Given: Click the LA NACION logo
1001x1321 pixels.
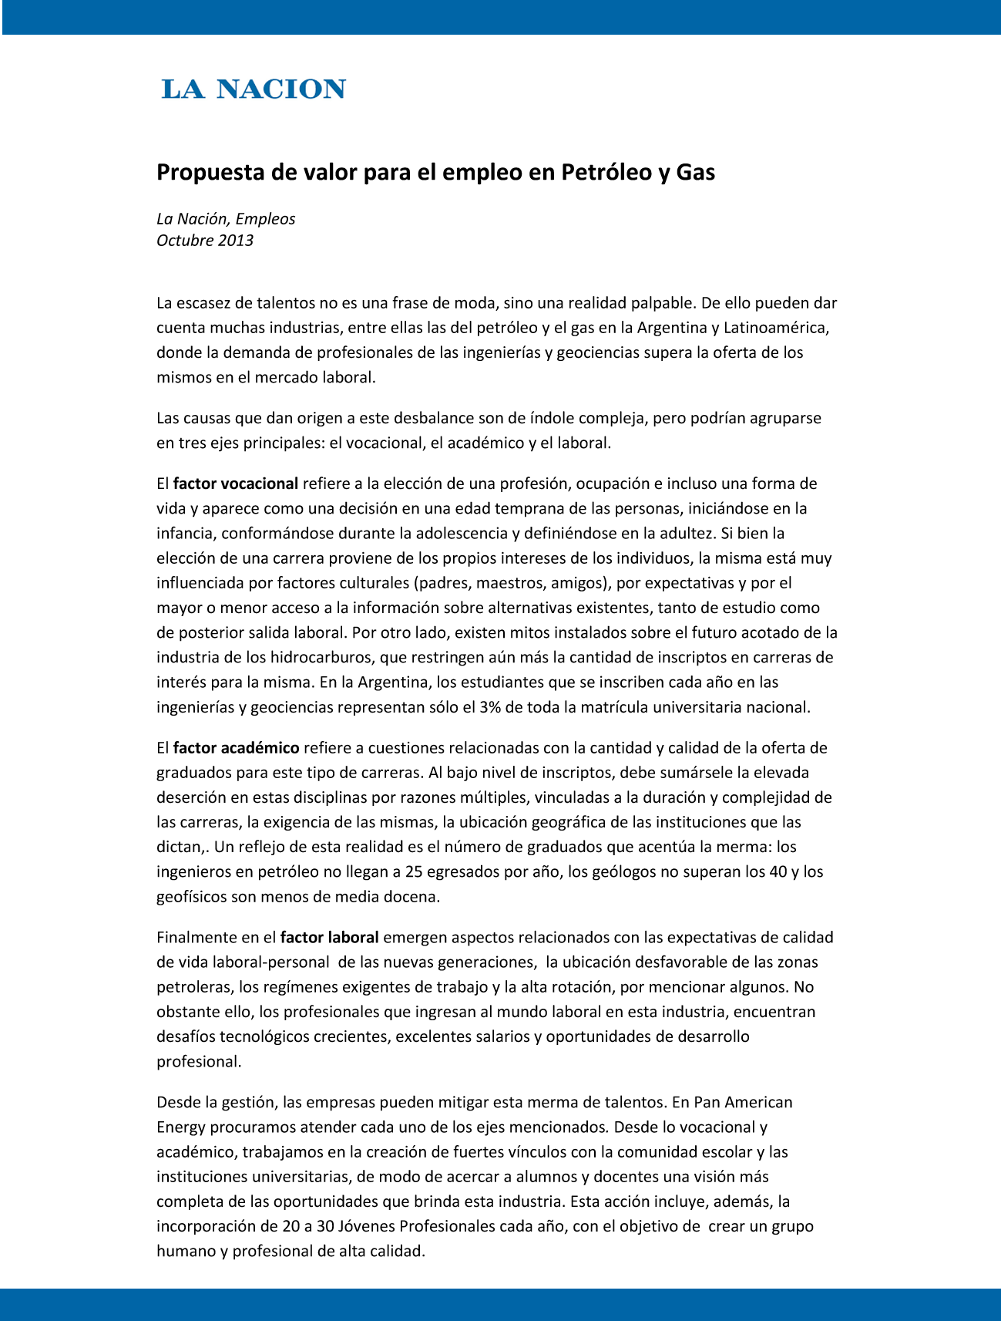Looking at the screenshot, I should tap(254, 89).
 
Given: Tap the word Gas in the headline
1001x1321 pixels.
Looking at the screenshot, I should tap(695, 172).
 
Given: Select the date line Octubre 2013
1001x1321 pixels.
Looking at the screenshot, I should tap(205, 241).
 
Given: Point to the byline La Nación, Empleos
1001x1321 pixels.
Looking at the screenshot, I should tap(226, 219).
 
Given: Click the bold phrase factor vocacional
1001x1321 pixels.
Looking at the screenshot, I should tap(235, 484).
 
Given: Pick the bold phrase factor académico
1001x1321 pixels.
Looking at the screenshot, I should tap(236, 748).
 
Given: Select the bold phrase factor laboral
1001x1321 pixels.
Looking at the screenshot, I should tap(329, 938).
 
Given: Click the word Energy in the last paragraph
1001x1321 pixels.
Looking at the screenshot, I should tap(181, 1127).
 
